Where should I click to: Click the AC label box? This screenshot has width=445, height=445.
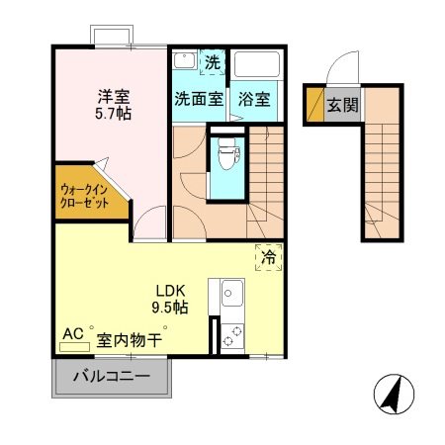[x=73, y=335]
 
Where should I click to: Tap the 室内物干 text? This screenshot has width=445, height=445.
[x=130, y=339]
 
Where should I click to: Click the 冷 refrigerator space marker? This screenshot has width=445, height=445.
[x=268, y=256]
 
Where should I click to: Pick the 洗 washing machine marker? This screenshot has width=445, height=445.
[x=212, y=62]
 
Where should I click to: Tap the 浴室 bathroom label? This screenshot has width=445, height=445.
[x=256, y=100]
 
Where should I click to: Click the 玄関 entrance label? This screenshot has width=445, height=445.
[x=342, y=105]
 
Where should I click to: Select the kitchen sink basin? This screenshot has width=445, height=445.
[x=233, y=295]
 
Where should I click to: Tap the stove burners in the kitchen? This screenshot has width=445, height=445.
[x=233, y=332]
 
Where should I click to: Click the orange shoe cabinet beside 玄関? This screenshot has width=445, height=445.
[x=314, y=105]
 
